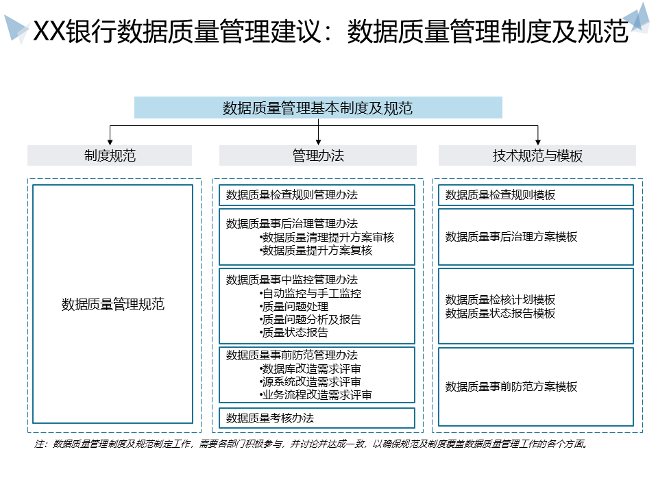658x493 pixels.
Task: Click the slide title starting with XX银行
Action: pyautogui.click(x=330, y=31)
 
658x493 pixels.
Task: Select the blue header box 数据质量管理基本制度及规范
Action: pyautogui.click(x=318, y=108)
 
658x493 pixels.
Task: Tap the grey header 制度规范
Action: pyautogui.click(x=110, y=155)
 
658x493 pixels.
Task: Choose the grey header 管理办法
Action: pyautogui.click(x=318, y=155)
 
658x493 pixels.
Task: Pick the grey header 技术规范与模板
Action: pyautogui.click(x=537, y=155)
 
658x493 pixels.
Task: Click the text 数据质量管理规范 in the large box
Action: pyautogui.click(x=113, y=305)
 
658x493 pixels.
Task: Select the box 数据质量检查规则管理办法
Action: pyautogui.click(x=317, y=195)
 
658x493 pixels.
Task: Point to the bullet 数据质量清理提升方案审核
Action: pyautogui.click(x=328, y=237)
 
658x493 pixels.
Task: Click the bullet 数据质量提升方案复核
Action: pyautogui.click(x=317, y=251)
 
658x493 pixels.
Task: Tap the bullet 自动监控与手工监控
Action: pyautogui.click(x=311, y=293)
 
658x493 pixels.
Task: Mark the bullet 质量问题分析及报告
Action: pyautogui.click(x=311, y=319)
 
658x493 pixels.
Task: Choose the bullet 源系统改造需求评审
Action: pyautogui.click(x=311, y=381)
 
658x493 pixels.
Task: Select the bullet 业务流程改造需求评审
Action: pyautogui.click(x=317, y=394)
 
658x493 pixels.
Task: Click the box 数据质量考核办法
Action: pyautogui.click(x=317, y=418)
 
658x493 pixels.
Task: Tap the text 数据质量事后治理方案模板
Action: pyautogui.click(x=511, y=237)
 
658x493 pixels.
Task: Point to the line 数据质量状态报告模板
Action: pyautogui.click(x=500, y=314)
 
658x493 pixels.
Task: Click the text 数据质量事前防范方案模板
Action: pyautogui.click(x=511, y=387)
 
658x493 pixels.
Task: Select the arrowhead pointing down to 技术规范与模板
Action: pyautogui.click(x=537, y=140)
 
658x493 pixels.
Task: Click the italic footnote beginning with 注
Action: pyautogui.click(x=311, y=444)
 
